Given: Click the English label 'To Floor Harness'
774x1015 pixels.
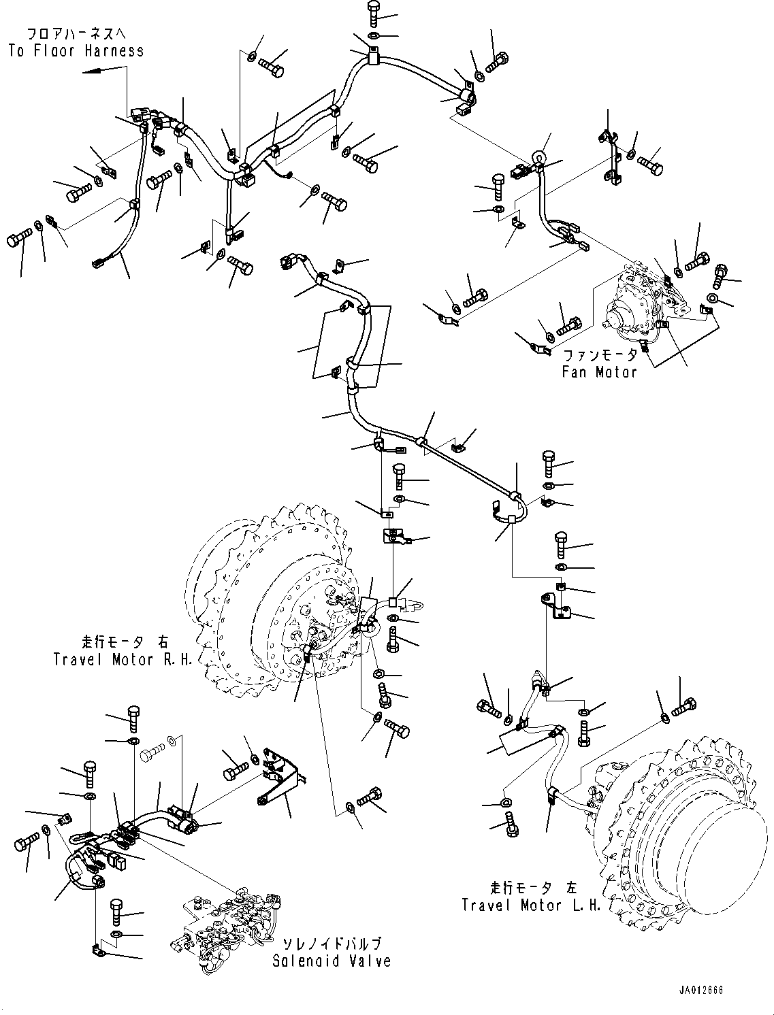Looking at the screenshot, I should click(x=76, y=50).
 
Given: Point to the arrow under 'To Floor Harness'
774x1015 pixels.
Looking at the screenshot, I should click(x=102, y=70).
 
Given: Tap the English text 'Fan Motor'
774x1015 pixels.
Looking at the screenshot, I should click(x=599, y=371).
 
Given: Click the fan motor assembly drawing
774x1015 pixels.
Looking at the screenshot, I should click(x=640, y=299).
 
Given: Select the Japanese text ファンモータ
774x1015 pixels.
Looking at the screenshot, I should click(x=600, y=356).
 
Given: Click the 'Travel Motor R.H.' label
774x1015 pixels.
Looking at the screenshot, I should click(x=123, y=659).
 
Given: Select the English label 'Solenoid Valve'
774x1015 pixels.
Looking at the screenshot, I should click(x=332, y=961).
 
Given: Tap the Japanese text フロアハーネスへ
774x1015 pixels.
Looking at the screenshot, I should click(x=76, y=33).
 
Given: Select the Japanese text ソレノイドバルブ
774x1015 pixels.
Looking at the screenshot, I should click(x=332, y=944).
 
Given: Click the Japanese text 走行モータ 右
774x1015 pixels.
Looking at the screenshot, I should click(x=123, y=642).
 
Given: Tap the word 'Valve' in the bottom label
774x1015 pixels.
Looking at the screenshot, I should click(x=371, y=961).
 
